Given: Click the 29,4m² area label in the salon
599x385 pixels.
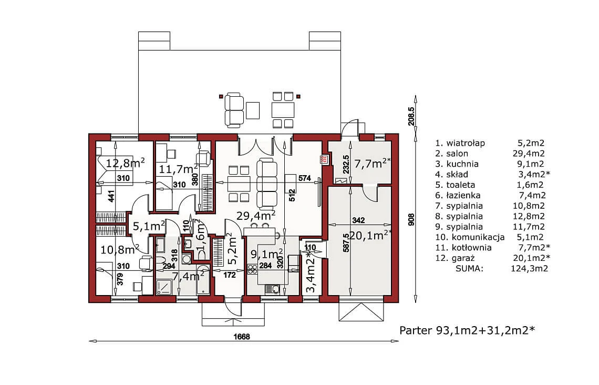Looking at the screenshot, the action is (256, 216).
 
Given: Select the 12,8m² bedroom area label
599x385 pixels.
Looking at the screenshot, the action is (125, 163).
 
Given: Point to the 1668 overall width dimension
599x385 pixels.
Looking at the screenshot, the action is (241, 337).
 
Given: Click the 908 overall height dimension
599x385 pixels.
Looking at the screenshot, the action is (411, 219).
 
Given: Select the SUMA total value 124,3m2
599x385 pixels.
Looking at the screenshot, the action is (530, 268).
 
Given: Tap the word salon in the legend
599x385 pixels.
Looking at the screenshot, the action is (457, 153).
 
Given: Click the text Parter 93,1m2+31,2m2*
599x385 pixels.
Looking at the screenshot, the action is (467, 330).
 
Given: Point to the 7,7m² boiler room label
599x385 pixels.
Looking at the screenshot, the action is (373, 164).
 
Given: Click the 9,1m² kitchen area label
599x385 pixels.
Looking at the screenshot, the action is (266, 254).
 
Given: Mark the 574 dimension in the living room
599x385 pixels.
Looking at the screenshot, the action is (304, 178).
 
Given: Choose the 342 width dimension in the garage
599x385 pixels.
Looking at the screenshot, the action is (358, 220).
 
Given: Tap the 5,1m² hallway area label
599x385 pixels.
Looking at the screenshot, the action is (149, 226).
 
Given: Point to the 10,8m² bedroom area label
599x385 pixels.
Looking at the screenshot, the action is (119, 250).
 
